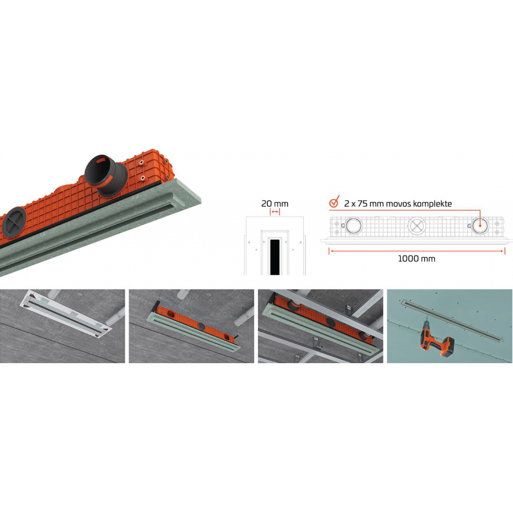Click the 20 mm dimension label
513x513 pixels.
[275, 203]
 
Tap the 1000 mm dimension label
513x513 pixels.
[416, 259]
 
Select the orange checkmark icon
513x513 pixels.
[334, 202]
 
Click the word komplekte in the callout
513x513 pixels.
[432, 204]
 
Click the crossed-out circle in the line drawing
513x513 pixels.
[416, 226]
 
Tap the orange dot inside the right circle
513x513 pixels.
[480, 225]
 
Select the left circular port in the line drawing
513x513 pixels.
[354, 225]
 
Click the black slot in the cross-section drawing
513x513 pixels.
[275, 257]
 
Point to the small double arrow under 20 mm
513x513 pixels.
[275, 212]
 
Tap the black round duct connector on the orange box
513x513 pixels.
[106, 175]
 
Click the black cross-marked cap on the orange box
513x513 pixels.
[14, 222]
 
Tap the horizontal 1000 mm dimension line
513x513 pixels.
[417, 251]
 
